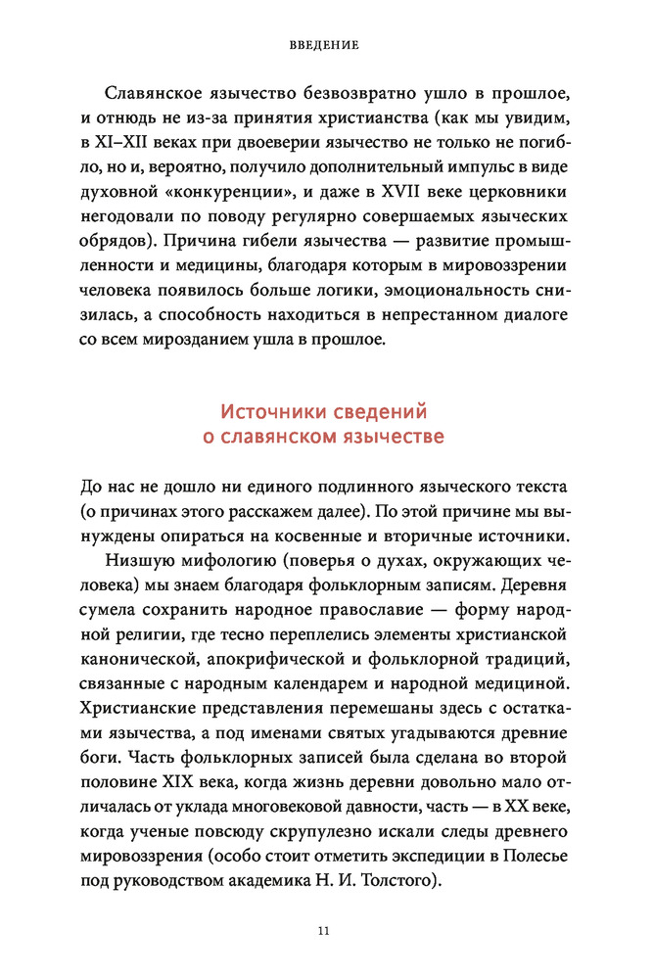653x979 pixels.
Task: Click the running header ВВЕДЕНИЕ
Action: (x=325, y=45)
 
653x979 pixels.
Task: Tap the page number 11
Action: (x=325, y=930)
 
